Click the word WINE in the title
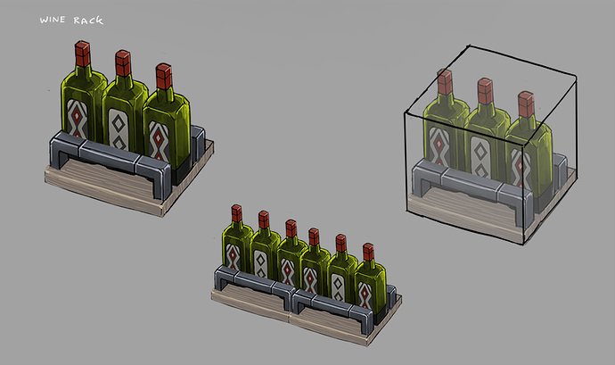tap(53, 20)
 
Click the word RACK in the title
tap(88, 20)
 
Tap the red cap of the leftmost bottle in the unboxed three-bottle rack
tap(83, 54)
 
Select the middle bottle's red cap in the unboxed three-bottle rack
tap(123, 63)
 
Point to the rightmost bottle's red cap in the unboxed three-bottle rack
tap(164, 77)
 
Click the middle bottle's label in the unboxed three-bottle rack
tap(119, 129)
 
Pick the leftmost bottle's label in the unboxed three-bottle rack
tap(78, 119)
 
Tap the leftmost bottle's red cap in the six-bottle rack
tap(236, 213)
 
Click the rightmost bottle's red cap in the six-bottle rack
tap(368, 253)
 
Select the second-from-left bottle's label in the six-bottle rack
tap(260, 263)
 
